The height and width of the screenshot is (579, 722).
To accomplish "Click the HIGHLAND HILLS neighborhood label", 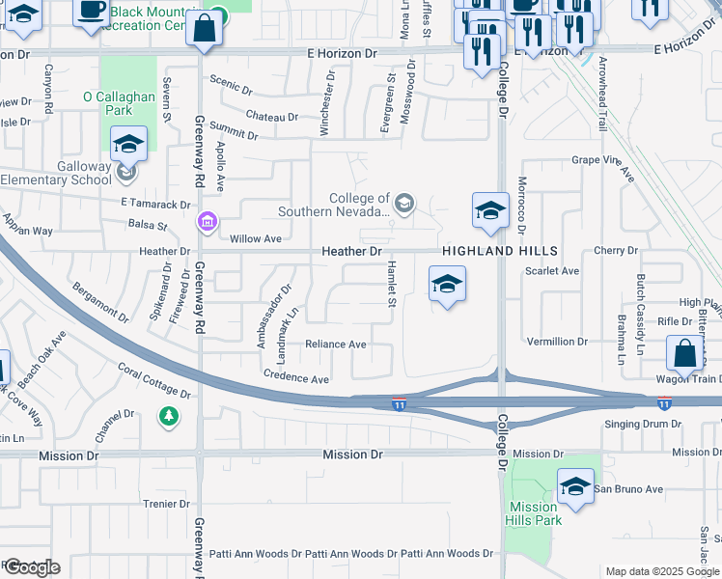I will (x=486, y=251).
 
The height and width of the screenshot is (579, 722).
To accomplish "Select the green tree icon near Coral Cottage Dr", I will (x=169, y=416).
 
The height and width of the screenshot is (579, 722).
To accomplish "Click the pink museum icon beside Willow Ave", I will (x=206, y=224).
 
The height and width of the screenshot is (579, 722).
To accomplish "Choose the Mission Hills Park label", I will (x=533, y=513).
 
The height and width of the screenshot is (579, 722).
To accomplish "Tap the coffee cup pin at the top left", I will (x=92, y=12).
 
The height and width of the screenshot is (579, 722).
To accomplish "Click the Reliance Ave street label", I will (x=336, y=345).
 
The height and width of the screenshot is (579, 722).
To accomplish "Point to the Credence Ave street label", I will (x=296, y=378).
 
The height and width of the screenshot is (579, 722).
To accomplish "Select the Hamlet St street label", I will (x=392, y=284).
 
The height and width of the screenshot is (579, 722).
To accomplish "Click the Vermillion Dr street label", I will (x=557, y=342).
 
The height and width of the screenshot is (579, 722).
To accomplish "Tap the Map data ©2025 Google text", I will (x=661, y=571).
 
